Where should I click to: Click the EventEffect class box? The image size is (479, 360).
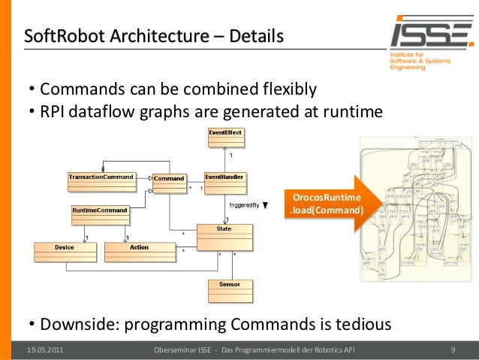click(229, 140)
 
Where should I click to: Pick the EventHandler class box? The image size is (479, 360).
click(225, 183)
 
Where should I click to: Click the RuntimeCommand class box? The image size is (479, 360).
click(99, 214)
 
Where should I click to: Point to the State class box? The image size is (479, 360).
click(224, 237)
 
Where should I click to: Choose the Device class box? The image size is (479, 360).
click(65, 252)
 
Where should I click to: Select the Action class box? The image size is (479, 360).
click(140, 252)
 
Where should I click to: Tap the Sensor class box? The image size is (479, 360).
click(230, 291)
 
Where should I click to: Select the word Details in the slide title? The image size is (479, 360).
click(257, 35)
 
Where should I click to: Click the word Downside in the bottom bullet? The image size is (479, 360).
click(79, 325)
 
